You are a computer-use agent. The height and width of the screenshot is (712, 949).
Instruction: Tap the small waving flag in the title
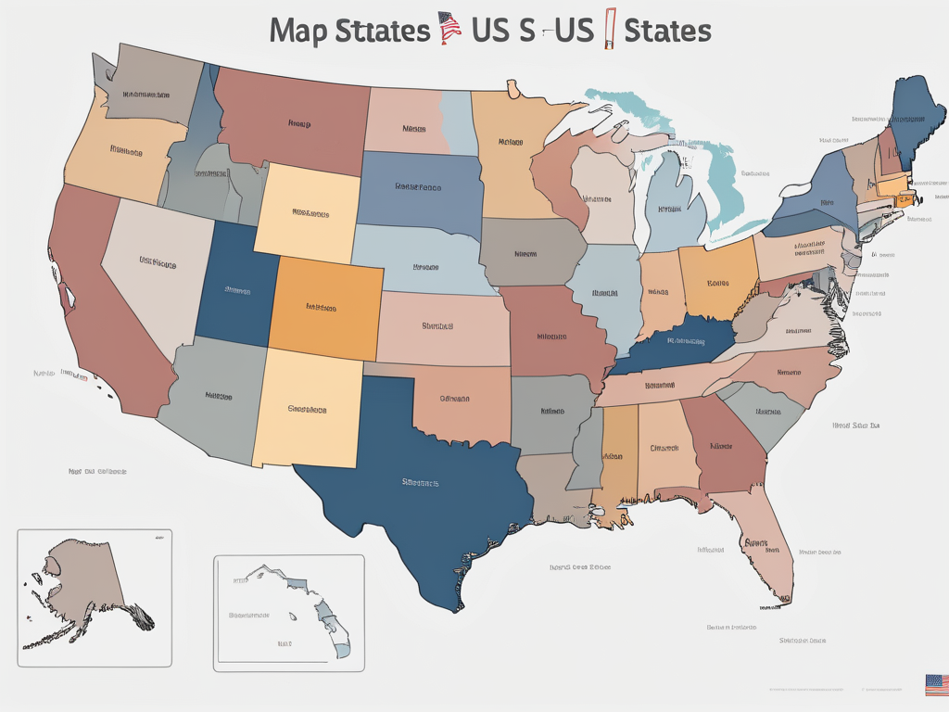pos(449,28)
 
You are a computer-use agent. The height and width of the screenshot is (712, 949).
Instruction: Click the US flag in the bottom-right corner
pos(936,685)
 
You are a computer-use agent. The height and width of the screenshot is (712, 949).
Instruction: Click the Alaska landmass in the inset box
pos(83,575)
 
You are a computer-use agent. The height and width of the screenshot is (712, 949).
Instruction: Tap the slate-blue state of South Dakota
pos(417,190)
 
